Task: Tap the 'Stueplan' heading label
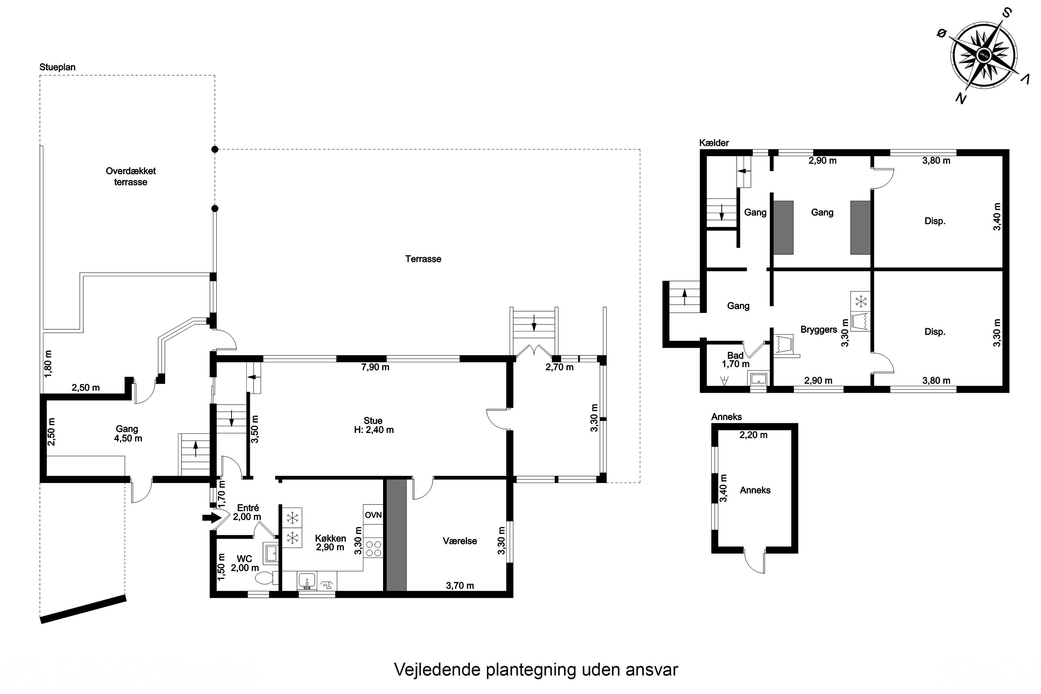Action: point(58,67)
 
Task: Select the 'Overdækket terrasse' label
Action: point(130,177)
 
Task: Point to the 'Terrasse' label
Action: point(423,259)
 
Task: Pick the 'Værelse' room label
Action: point(460,541)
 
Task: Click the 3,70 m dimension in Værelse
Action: point(460,586)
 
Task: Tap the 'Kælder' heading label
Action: point(714,143)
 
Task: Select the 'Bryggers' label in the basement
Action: point(818,330)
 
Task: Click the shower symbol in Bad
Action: point(725,381)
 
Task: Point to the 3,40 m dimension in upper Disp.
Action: point(997,217)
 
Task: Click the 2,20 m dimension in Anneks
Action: point(753,435)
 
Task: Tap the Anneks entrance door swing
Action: point(755,562)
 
